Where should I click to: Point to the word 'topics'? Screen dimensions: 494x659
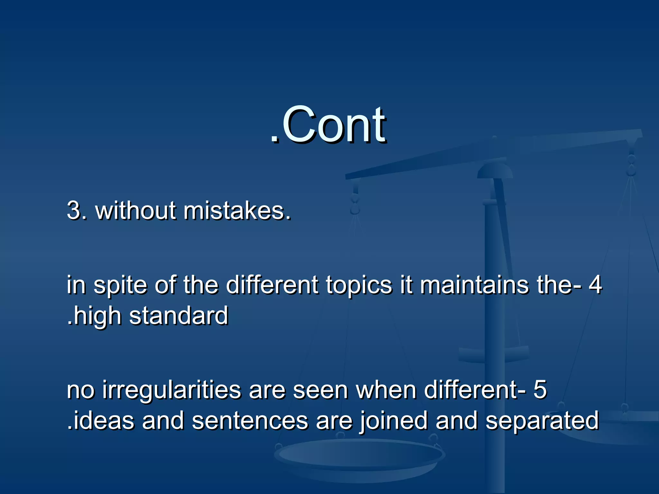pos(359,286)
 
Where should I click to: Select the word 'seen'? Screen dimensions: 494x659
pos(320,390)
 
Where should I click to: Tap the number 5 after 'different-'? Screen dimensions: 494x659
pos(540,389)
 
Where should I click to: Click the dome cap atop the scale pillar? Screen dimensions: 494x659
pos(495,170)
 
